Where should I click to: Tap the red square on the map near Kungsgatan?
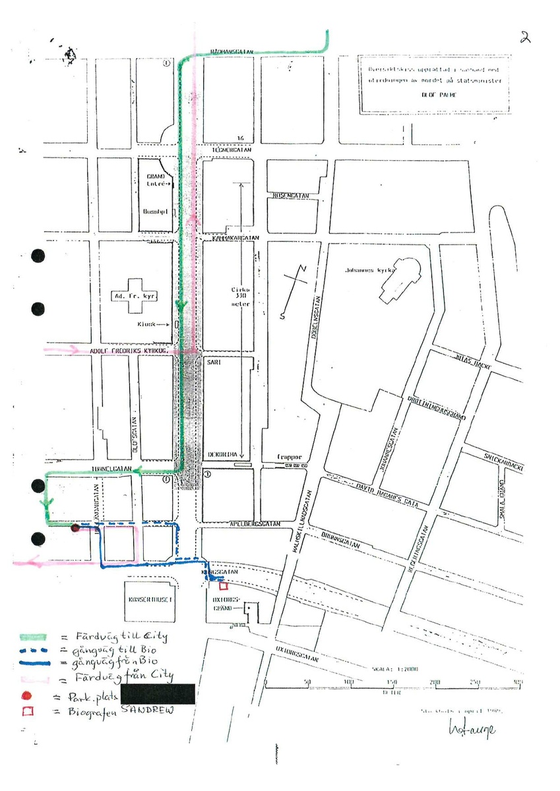point(223,585)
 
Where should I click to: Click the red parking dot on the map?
point(75,527)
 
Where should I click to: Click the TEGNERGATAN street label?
point(228,150)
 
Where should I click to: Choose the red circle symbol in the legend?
point(26,695)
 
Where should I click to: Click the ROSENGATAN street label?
point(291,195)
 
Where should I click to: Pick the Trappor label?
point(290,457)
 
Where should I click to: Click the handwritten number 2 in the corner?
point(526,38)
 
